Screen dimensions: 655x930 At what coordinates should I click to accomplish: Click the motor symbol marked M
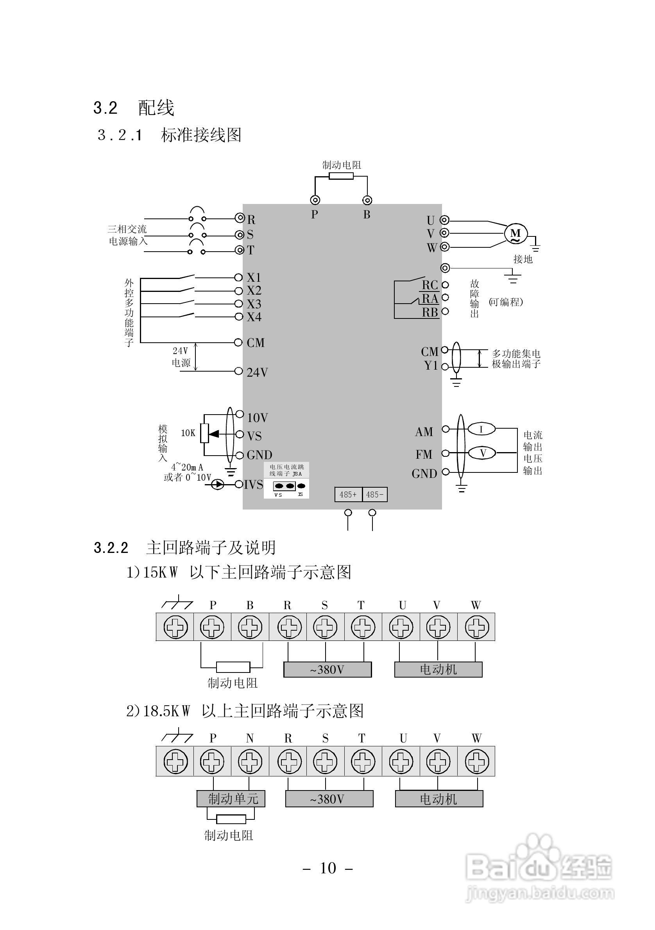pos(515,234)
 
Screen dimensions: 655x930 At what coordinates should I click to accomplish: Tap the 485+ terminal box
pos(348,495)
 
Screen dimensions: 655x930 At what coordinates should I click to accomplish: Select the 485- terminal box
pos(375,495)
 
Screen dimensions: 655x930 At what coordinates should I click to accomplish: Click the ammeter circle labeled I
pos(481,429)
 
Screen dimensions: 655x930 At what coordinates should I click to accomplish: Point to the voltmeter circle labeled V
pos(482,453)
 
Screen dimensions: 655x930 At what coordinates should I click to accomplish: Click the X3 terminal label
pos(254,304)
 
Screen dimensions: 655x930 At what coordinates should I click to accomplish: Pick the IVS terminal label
pos(254,485)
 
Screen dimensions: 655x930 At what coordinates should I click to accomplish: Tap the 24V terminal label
pos(257,372)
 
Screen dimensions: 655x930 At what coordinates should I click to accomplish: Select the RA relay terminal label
pos(430,299)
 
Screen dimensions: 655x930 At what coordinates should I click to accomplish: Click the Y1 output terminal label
pos(431,365)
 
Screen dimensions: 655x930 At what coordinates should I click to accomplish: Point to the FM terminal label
pos(424,454)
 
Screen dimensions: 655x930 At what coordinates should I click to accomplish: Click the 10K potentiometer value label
pos(188,433)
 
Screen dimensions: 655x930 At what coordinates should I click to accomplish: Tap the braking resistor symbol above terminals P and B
pos(341,176)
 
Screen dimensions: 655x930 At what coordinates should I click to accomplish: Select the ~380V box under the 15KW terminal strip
pos(327,669)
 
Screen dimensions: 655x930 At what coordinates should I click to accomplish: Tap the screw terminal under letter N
pos(250,761)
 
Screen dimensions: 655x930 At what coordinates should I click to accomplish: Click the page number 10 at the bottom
pos(328,868)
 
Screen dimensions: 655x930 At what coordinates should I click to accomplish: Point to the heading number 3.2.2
pos(111,547)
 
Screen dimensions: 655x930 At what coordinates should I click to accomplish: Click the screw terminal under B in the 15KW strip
pos(250,627)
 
